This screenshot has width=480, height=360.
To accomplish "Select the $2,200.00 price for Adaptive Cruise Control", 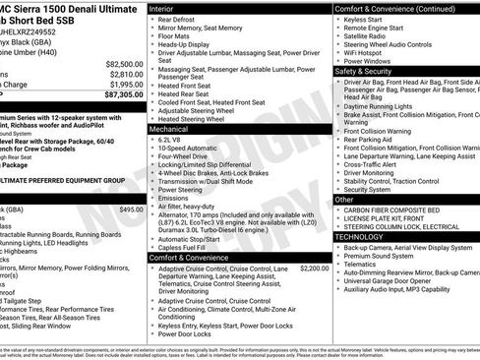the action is click(313, 268).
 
